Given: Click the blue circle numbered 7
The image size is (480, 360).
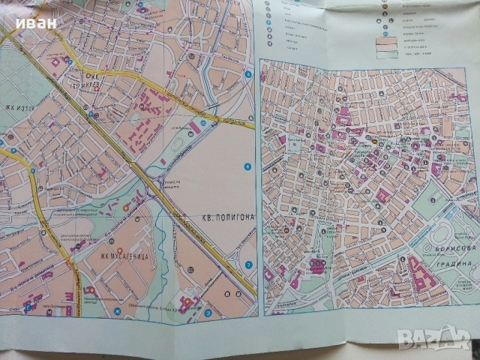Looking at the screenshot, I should click(248, 265).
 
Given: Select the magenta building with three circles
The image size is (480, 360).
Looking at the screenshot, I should click(318, 265).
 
